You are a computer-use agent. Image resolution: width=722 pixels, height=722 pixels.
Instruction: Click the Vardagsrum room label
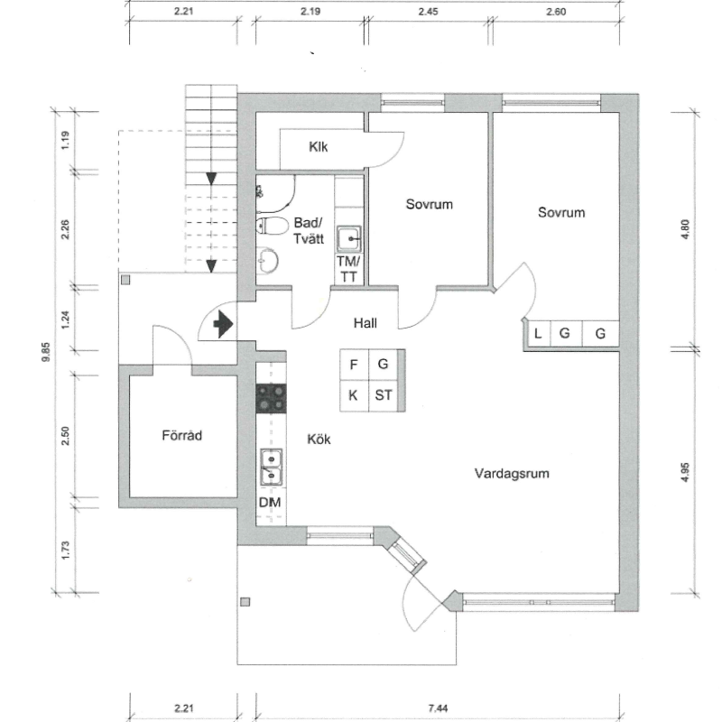512,473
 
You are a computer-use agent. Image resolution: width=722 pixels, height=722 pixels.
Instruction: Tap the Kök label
319,440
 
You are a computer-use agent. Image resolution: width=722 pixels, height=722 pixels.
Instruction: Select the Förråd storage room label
182,435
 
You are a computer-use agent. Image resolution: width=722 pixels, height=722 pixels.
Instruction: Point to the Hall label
366,323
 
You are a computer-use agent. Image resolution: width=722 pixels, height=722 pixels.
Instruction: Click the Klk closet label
319,147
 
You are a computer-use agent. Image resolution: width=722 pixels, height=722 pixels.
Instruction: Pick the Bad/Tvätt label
309,231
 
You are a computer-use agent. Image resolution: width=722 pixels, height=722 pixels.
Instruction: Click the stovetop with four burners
272,398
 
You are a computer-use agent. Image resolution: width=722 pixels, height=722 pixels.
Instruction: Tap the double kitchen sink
272,467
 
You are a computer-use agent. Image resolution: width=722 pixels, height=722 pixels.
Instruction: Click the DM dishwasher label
270,503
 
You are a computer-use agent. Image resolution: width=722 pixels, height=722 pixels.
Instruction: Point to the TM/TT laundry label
348,269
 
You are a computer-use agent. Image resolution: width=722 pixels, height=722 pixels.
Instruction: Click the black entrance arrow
223,324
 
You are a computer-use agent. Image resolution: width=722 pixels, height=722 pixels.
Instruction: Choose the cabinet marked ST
384,395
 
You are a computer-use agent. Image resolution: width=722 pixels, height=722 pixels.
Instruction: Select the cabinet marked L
538,333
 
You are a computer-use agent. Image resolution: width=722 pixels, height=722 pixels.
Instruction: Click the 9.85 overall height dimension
46,352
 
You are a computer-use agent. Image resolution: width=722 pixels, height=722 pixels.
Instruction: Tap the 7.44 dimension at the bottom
438,708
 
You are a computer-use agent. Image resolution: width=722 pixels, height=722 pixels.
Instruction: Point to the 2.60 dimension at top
556,12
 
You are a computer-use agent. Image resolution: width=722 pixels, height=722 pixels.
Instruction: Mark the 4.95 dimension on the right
685,472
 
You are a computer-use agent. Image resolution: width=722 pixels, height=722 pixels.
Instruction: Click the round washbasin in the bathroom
267,261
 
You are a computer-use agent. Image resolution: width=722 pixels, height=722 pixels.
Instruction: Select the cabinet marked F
354,365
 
